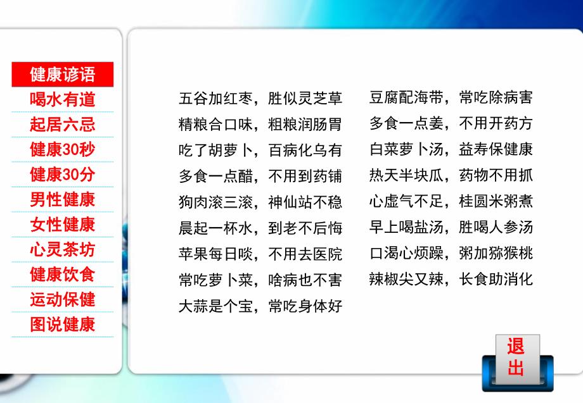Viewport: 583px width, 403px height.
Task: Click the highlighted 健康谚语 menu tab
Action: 63,75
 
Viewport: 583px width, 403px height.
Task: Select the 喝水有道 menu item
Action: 63,99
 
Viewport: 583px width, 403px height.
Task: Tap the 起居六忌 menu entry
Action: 63,125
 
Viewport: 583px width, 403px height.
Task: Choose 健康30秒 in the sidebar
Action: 63,149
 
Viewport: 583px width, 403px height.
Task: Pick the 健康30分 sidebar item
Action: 63,175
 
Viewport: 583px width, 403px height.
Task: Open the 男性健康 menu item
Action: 63,199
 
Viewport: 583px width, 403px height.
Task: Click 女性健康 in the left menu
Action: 63,225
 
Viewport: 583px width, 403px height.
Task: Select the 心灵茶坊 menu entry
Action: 63,249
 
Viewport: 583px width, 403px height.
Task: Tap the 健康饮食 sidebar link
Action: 63,275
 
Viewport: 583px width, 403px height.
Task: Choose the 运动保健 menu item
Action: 63,299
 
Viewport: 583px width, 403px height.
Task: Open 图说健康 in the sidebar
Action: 63,325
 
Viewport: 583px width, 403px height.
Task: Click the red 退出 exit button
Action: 516,357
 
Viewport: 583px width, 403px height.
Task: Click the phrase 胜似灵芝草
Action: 305,98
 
